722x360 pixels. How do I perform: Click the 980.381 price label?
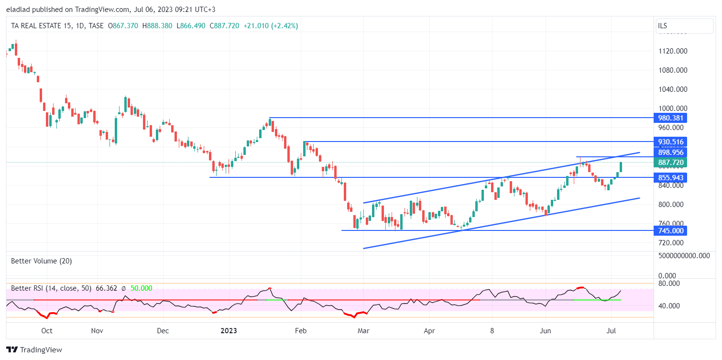(670, 118)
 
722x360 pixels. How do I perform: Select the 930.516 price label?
(670, 142)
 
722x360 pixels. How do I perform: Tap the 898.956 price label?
(670, 153)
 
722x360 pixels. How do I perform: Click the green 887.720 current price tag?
(670, 163)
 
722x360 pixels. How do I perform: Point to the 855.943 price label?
(670, 178)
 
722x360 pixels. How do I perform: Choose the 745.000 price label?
(670, 231)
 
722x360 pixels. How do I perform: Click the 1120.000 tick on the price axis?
(672, 51)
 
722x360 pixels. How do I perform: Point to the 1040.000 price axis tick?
(672, 89)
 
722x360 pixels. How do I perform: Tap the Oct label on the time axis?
(47, 331)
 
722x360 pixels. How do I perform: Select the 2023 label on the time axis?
(229, 331)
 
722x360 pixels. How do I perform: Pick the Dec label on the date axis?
(163, 331)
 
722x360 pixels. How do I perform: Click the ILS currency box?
(684, 26)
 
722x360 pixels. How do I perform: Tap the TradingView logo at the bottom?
(34, 350)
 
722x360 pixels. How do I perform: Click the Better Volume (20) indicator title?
(42, 261)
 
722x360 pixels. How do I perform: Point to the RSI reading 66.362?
(107, 288)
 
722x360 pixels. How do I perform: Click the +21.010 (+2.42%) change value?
(271, 26)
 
